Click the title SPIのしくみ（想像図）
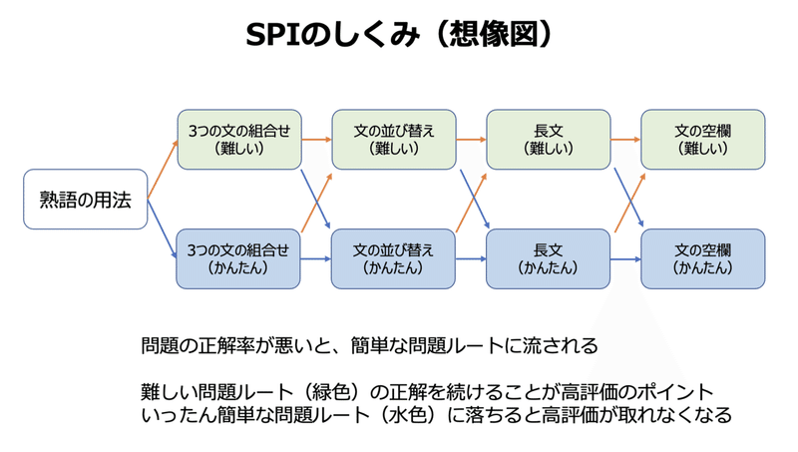coord(399,32)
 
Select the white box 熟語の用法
coord(85,200)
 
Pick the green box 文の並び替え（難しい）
coord(393,139)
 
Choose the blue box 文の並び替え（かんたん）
coord(393,258)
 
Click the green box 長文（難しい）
coord(548,139)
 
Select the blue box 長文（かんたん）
coord(548,258)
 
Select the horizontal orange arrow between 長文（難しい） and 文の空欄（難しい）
coord(625,140)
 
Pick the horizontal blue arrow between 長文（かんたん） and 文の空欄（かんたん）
coord(625,259)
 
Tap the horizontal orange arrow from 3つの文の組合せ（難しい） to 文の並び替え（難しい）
coord(315,140)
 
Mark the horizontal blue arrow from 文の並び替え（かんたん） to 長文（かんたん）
coord(470,259)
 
